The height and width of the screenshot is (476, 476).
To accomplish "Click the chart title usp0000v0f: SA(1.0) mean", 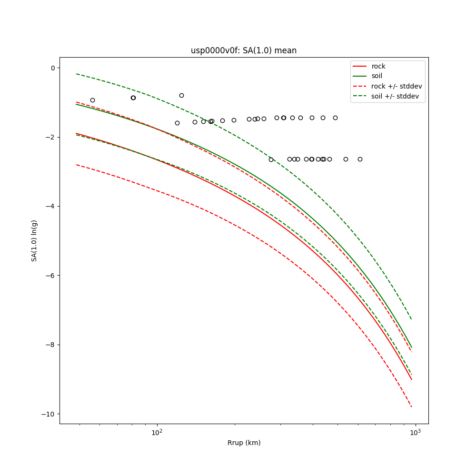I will tap(243, 50).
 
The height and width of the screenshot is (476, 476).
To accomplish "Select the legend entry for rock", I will tap(378, 66).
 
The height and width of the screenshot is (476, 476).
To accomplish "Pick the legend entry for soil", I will tap(377, 76).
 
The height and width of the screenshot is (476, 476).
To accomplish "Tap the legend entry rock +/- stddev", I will tap(397, 86).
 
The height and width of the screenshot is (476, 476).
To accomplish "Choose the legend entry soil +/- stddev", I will tap(397, 96).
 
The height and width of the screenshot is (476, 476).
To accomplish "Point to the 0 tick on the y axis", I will tap(52, 68).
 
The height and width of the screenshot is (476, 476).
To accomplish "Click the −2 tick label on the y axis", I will tap(50, 137).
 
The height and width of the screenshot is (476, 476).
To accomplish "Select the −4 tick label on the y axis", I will tap(50, 207).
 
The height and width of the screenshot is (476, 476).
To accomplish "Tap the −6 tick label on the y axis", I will tap(50, 276).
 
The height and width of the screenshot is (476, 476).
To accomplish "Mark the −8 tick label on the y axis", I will tap(50, 345).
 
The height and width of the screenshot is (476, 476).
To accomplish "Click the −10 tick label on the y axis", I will tap(48, 414).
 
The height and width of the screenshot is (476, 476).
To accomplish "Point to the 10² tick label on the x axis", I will tap(157, 432).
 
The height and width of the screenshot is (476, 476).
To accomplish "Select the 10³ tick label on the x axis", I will tap(416, 432).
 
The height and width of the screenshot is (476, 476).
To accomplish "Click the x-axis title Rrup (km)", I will tap(244, 443).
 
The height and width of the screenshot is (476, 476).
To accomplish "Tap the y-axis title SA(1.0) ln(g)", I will tap(34, 240).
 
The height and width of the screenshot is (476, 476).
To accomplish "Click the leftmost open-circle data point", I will tap(92, 100).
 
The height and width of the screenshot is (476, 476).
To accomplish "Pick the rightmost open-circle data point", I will tap(360, 159).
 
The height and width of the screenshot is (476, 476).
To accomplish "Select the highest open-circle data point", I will tap(181, 95).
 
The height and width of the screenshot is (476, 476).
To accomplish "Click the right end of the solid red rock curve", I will tap(412, 379).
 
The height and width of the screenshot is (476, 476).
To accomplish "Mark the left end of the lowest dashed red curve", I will tap(76, 165).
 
